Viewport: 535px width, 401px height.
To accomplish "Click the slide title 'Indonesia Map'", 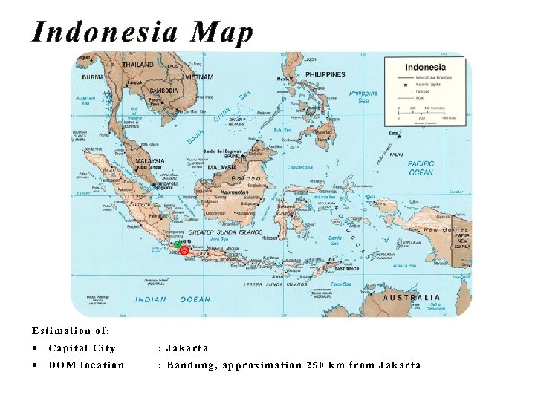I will click(143, 33).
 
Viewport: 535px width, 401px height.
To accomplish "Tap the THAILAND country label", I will click(138, 65).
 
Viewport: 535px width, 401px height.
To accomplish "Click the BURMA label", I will click(93, 77).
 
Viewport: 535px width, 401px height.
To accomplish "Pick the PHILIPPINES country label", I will click(325, 75).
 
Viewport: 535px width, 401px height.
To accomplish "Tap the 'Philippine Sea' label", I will click(363, 97).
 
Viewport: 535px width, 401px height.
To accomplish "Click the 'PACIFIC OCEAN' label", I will click(421, 168).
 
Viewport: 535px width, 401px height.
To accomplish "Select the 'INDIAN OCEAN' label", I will click(173, 299).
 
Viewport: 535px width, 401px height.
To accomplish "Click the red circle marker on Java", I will click(184, 251).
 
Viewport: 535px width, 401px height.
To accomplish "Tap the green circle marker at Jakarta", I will click(178, 244).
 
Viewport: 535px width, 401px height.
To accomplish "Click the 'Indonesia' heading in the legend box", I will click(426, 67).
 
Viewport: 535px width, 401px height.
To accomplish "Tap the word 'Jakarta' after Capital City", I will click(187, 348).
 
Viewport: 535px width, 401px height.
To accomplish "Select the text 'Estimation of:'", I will click(71, 330).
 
